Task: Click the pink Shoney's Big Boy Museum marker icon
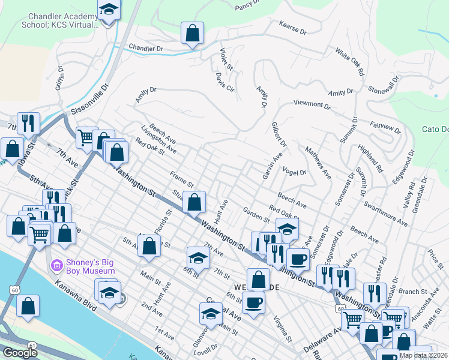click(56, 265)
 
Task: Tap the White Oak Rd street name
click(350, 62)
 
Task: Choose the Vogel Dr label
click(294, 172)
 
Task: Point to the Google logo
click(20, 353)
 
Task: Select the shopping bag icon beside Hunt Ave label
click(194, 202)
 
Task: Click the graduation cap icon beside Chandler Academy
click(109, 10)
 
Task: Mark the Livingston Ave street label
click(158, 139)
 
